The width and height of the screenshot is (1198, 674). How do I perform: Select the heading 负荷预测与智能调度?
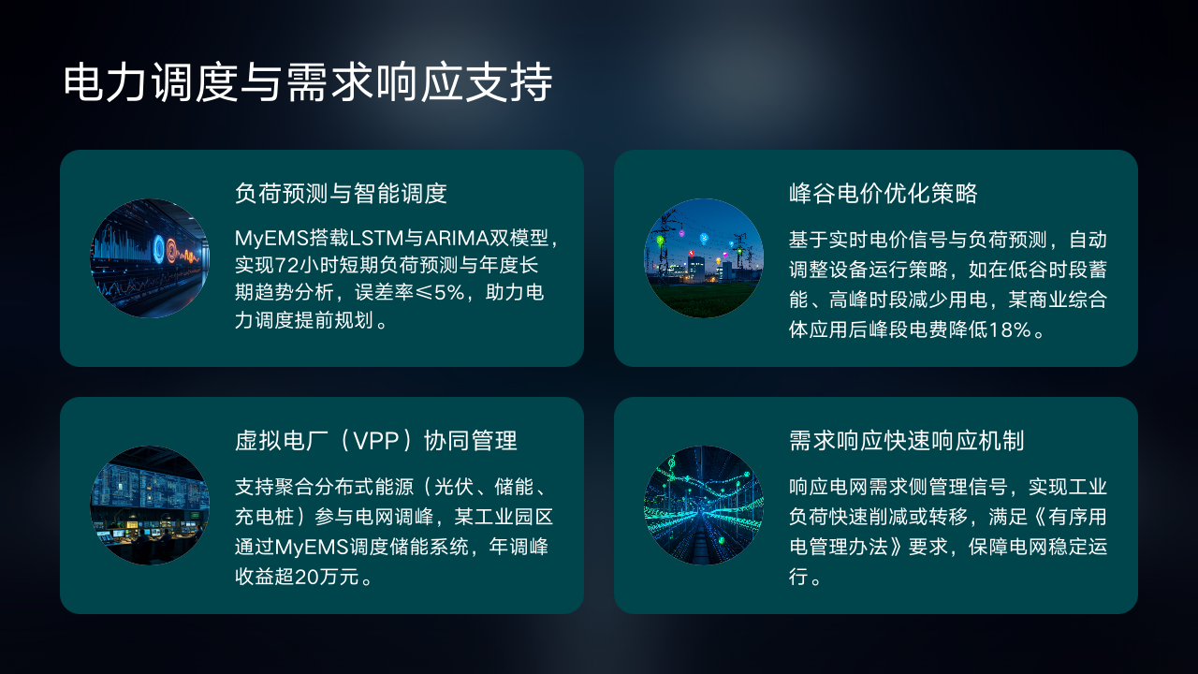pyautogui.click(x=341, y=193)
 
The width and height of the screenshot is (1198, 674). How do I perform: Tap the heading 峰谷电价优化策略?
pyautogui.click(x=883, y=193)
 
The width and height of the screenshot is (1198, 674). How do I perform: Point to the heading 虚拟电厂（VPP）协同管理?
pyautogui.click(x=376, y=441)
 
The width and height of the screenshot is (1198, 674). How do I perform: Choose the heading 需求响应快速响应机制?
pyautogui.click(x=907, y=441)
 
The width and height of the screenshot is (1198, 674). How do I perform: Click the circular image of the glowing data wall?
pyautogui.click(x=150, y=258)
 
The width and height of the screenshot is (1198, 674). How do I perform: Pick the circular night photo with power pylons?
pyautogui.click(x=704, y=258)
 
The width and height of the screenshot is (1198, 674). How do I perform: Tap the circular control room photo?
pyautogui.click(x=150, y=505)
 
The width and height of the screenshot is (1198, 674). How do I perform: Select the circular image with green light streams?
pyautogui.click(x=704, y=505)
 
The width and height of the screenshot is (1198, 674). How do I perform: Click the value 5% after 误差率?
pyautogui.click(x=449, y=293)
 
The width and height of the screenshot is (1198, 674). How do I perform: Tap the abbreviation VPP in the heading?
pyautogui.click(x=376, y=441)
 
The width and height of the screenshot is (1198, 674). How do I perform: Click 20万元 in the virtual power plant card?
pyautogui.click(x=327, y=577)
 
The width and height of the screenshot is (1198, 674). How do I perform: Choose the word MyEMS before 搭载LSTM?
pyautogui.click(x=271, y=238)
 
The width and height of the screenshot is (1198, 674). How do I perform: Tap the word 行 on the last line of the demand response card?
pyautogui.click(x=798, y=577)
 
